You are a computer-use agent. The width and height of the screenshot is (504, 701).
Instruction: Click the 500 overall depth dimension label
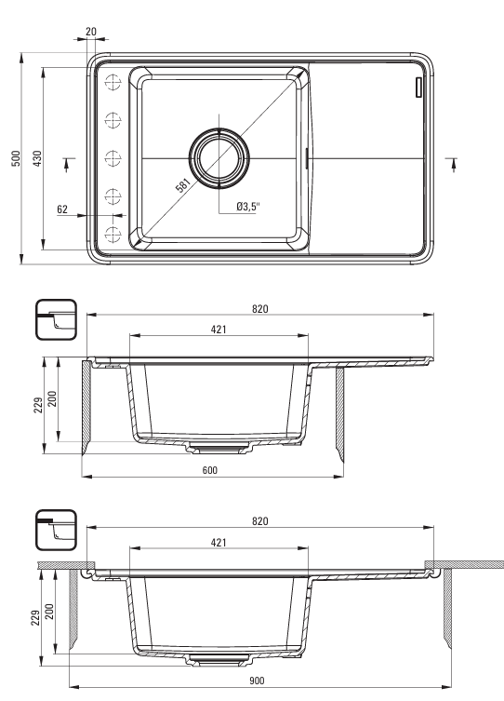[x=16, y=158]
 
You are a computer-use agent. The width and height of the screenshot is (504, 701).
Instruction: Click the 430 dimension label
[x=37, y=158]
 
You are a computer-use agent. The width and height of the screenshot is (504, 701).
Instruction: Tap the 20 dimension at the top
[x=90, y=32]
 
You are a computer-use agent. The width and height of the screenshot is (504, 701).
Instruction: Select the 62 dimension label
[x=62, y=209]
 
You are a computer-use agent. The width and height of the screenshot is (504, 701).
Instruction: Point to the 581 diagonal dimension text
[x=183, y=184]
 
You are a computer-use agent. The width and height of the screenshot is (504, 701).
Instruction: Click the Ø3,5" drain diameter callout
[x=248, y=207]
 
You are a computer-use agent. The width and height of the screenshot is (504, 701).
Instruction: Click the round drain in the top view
[x=219, y=158]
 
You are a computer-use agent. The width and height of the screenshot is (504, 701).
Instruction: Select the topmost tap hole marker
[x=113, y=82]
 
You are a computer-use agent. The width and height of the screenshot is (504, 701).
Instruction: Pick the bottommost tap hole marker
[x=113, y=235]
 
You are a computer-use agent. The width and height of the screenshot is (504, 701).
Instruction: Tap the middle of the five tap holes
[x=113, y=158]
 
